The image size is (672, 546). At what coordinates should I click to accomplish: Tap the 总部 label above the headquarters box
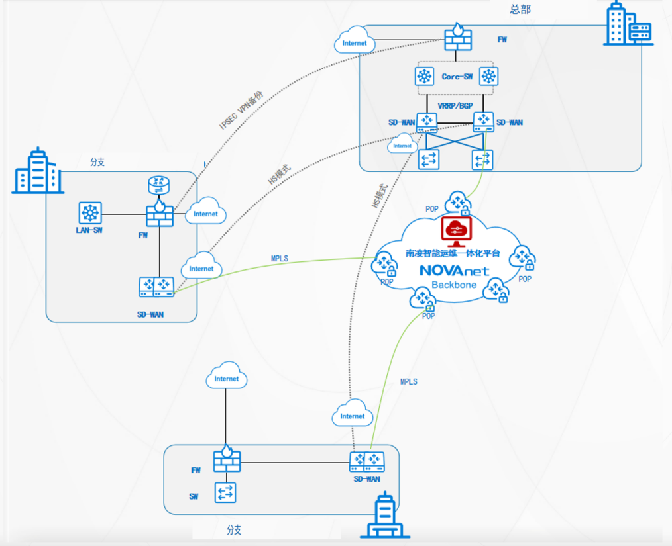pos(520,9)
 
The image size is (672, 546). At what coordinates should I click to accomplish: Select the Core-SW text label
pos(457,77)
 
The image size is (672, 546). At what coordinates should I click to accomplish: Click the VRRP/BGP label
pos(456,105)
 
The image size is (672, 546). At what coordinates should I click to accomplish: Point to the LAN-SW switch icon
pos(89,213)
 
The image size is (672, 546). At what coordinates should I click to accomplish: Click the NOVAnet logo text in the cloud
pos(455,270)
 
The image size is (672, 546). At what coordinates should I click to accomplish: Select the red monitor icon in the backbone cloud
pos(455,229)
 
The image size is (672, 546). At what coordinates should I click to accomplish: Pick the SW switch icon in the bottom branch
pos(225,492)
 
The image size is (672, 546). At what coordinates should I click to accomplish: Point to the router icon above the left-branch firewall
pos(159,185)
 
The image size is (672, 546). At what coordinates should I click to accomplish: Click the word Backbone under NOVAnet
pos(455,285)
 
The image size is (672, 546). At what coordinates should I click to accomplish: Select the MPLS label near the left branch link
pos(280,258)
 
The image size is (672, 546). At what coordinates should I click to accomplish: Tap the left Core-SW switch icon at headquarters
pos(424,77)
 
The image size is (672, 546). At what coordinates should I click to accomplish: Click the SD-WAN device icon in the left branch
pos(156,287)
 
